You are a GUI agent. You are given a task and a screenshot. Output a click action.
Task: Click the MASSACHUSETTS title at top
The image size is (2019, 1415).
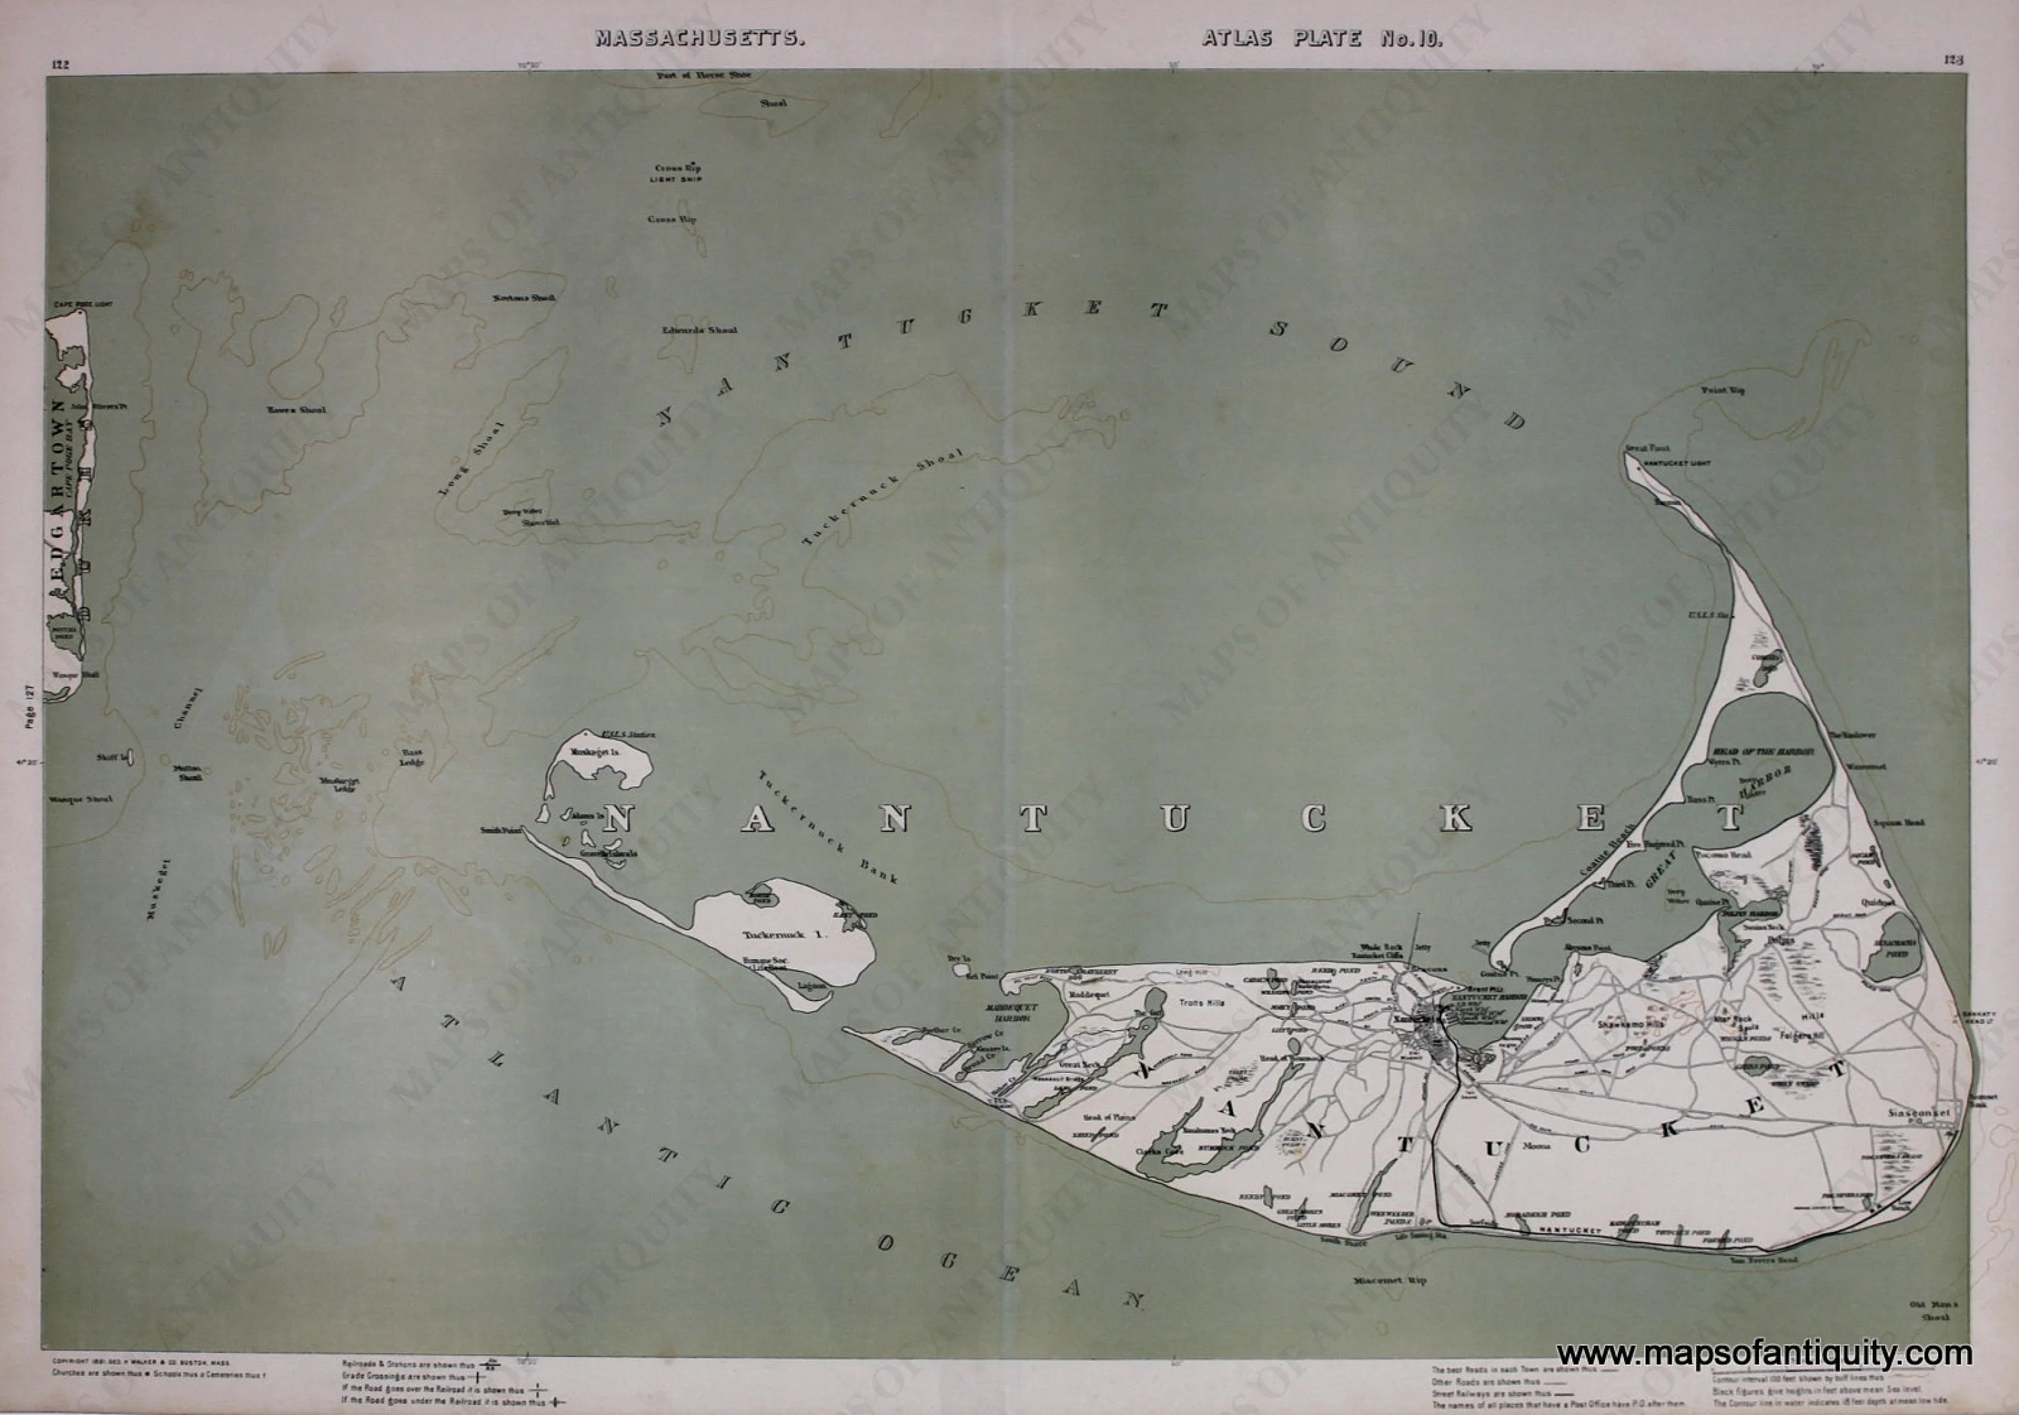[x=699, y=38]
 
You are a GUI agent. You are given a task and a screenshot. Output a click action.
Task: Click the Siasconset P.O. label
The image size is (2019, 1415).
[x=1919, y=1114]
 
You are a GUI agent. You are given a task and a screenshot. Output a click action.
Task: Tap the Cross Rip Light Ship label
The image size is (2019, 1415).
[x=677, y=172]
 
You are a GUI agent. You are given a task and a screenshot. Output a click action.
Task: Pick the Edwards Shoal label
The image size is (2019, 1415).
[x=699, y=330]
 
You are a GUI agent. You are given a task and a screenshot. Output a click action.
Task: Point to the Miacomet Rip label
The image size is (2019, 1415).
[x=1389, y=1280]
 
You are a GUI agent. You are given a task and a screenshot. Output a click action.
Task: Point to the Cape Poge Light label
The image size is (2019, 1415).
[x=83, y=304]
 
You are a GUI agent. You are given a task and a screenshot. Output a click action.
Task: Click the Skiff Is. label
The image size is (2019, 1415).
[x=115, y=757]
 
